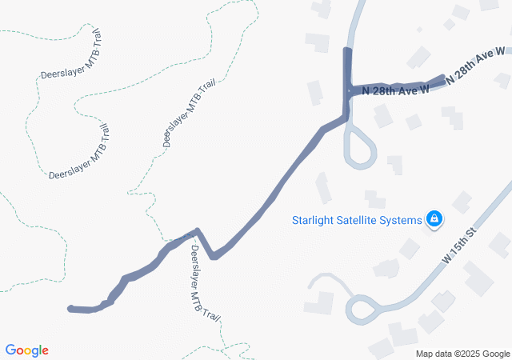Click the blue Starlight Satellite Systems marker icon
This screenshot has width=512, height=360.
tap(434, 218)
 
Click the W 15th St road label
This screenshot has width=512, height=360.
tap(459, 246)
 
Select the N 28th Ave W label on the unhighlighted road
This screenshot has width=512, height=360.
tap(477, 67)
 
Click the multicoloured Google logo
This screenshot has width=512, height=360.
tap(26, 350)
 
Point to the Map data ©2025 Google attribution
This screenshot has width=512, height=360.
tap(462, 354)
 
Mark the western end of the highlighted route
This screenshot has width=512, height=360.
tap(71, 308)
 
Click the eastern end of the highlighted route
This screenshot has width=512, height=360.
tap(442, 78)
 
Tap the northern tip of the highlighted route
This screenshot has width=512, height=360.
tap(347, 50)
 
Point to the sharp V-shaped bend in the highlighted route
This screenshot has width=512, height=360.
tap(214, 256)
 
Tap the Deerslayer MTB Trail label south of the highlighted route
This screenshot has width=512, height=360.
tap(204, 283)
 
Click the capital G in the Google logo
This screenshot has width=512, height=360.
tap(11, 350)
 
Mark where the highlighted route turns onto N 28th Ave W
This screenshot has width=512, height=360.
tap(348, 92)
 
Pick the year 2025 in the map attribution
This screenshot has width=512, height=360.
tap(467, 354)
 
